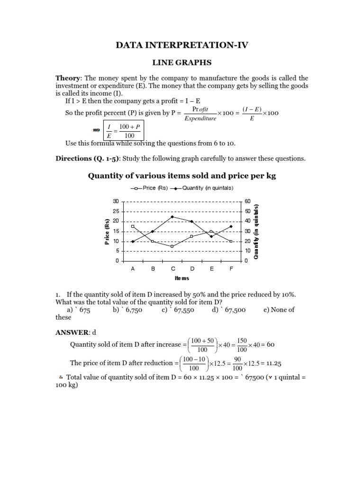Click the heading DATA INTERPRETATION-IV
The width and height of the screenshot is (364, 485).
[182, 45]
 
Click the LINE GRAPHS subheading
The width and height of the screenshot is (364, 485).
[182, 62]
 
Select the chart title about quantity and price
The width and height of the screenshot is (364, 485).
[182, 176]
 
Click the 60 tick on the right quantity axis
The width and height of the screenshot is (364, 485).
[247, 201]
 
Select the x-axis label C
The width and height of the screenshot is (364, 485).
[173, 269]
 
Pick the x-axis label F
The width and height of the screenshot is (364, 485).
[231, 269]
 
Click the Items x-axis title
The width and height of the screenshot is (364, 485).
[182, 278]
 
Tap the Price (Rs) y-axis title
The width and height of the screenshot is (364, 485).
[107, 232]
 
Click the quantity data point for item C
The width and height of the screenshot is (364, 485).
[172, 217]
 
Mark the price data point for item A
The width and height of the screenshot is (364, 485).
[133, 226]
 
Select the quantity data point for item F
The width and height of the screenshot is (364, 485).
[231, 226]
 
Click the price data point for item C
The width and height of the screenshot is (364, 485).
[172, 246]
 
